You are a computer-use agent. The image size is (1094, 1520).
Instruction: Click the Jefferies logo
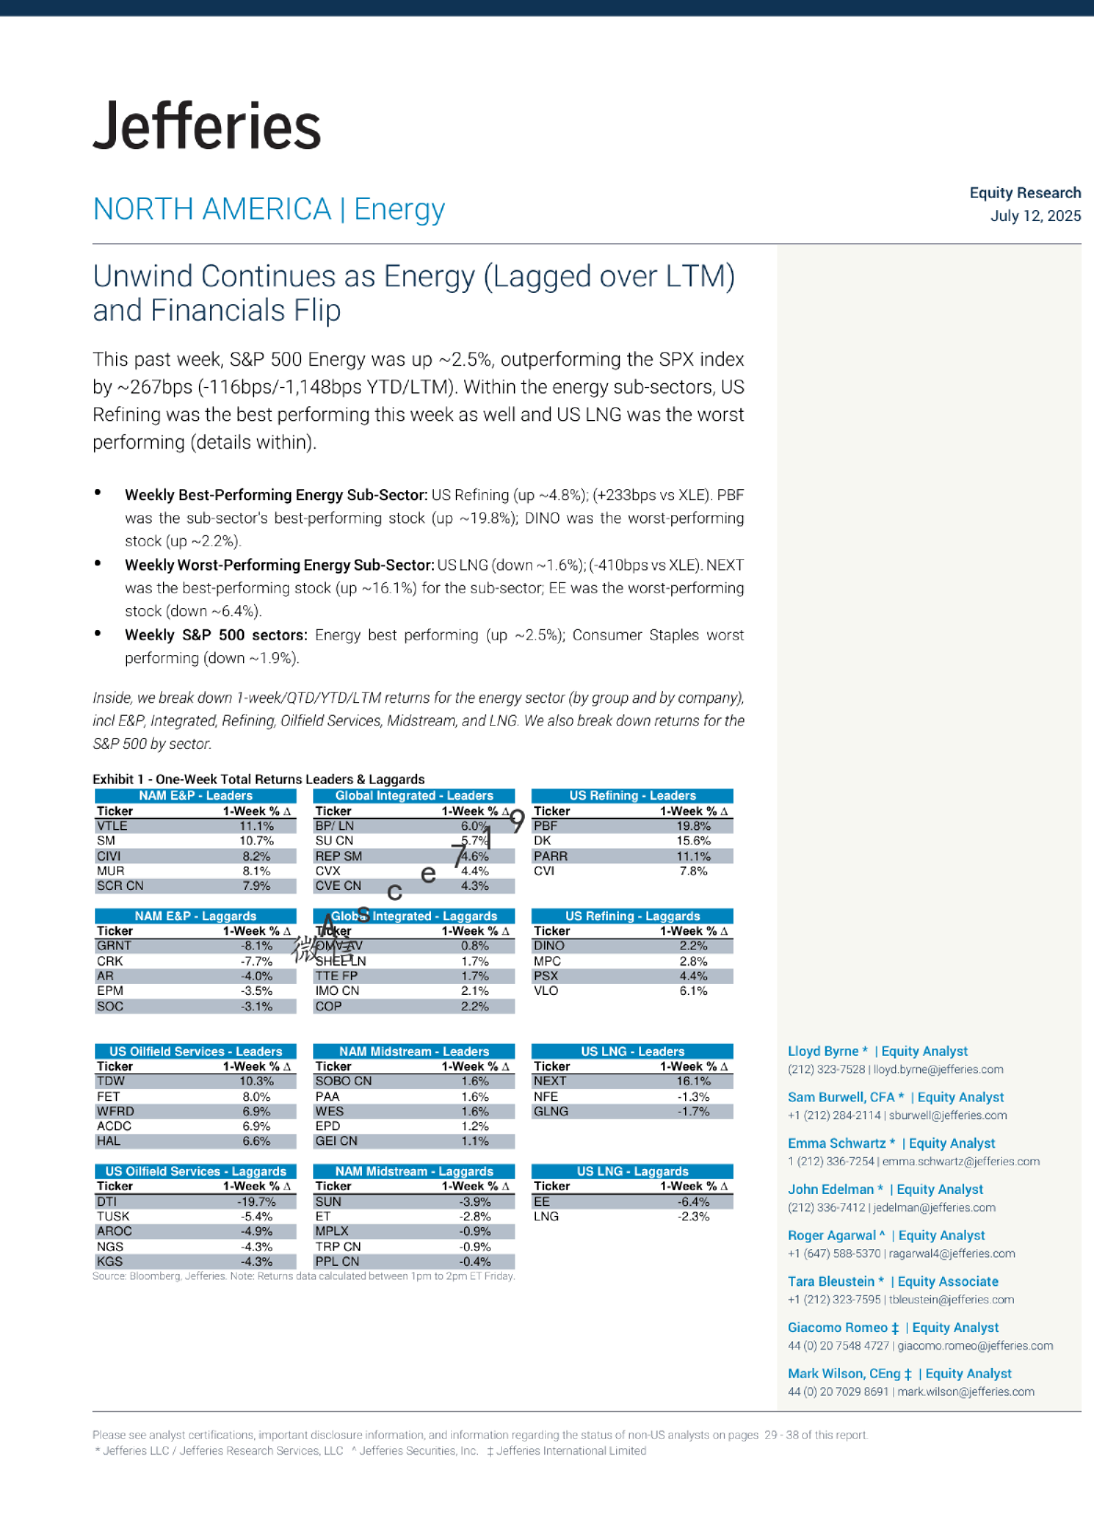pyautogui.click(x=207, y=126)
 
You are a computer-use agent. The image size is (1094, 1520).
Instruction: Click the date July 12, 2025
pyautogui.click(x=1035, y=216)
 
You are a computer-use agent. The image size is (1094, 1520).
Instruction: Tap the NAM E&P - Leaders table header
pyautogui.click(x=195, y=796)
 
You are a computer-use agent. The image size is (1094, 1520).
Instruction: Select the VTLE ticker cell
pyautogui.click(x=112, y=826)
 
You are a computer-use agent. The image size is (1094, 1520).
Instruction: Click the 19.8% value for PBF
pyautogui.click(x=693, y=826)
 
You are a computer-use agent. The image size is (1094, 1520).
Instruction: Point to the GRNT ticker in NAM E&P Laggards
pyautogui.click(x=114, y=946)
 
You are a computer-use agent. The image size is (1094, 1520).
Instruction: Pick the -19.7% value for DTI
pyautogui.click(x=257, y=1202)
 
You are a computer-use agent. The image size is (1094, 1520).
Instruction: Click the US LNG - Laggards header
pyautogui.click(x=633, y=1172)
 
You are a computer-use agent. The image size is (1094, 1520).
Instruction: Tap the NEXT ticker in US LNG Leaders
pyautogui.click(x=550, y=1082)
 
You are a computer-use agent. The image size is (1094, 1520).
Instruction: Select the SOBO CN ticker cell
pyautogui.click(x=343, y=1082)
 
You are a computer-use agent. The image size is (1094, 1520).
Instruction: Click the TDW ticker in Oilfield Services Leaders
pyautogui.click(x=111, y=1082)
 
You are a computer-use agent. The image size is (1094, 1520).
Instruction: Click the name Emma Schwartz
pyautogui.click(x=836, y=1143)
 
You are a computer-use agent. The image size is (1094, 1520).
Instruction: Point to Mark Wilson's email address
pyautogui.click(x=966, y=1392)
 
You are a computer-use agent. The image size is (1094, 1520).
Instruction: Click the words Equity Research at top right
pyautogui.click(x=1025, y=193)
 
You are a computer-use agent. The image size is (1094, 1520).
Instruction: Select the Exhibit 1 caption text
pyautogui.click(x=259, y=779)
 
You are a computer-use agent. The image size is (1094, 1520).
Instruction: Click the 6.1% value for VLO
pyautogui.click(x=693, y=991)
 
